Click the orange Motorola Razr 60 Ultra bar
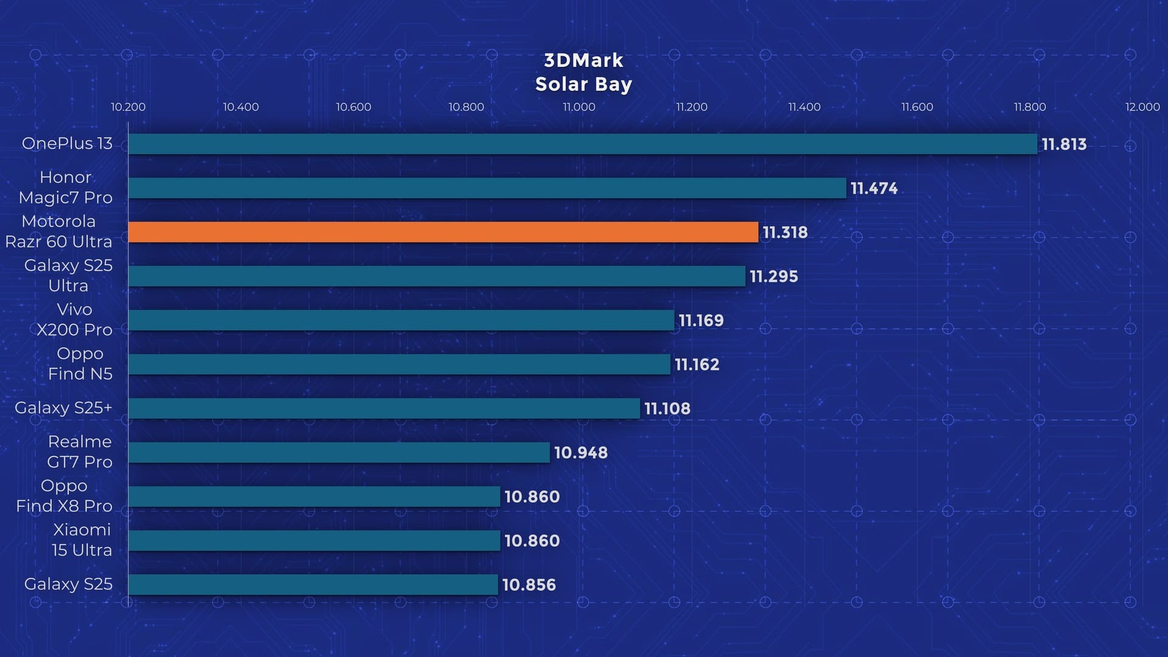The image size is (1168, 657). click(x=443, y=232)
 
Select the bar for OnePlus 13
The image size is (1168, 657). click(x=582, y=144)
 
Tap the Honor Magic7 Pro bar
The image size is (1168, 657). click(x=487, y=188)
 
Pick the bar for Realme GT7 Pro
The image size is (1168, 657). click(x=339, y=453)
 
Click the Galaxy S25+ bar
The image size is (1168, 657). click(x=384, y=408)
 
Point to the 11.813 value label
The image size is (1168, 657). click(x=1063, y=144)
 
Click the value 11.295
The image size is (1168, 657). click(x=773, y=276)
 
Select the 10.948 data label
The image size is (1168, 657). click(x=580, y=453)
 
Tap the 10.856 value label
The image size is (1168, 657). click(x=529, y=585)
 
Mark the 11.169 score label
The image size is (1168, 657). click(x=701, y=321)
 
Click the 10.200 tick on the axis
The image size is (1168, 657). click(x=128, y=107)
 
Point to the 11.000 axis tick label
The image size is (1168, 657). click(x=579, y=107)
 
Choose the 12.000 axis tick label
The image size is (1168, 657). click(x=1142, y=107)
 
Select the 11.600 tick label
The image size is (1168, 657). click(x=917, y=107)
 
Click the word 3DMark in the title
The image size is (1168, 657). click(x=583, y=60)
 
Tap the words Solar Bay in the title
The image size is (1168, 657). click(x=583, y=84)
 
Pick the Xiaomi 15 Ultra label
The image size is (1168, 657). click(x=82, y=540)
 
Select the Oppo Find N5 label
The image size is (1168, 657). click(x=80, y=363)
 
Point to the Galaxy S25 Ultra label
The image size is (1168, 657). click(x=68, y=275)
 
